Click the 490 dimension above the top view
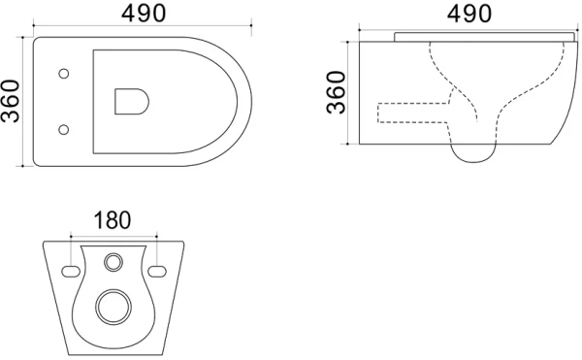[x=144, y=14]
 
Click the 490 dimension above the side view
[x=469, y=14]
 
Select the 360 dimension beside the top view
[x=10, y=101]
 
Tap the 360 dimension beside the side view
[x=336, y=92]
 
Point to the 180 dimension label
[x=113, y=220]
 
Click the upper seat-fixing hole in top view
[x=63, y=74]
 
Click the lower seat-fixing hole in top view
[x=63, y=129]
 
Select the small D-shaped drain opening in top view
[x=132, y=101]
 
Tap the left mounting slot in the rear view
[x=71, y=272]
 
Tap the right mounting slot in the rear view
[x=157, y=272]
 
